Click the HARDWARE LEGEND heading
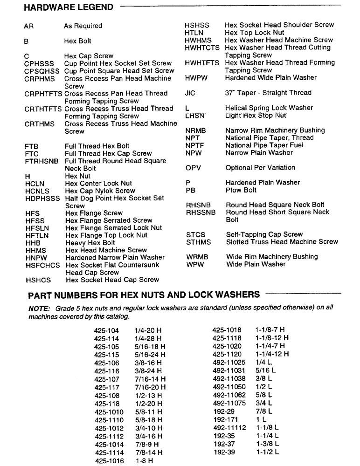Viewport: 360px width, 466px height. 68,7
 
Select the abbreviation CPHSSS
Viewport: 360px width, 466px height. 39,63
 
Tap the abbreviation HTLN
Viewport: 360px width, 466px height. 195,33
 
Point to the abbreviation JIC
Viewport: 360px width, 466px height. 190,93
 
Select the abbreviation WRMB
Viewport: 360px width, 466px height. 197,257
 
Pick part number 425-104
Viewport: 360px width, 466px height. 106,330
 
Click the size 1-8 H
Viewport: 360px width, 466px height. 145,460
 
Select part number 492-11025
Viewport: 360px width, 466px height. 229,363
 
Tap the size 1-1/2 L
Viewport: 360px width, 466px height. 267,452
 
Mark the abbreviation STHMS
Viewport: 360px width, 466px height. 198,242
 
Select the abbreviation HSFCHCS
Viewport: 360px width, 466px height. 43,265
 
